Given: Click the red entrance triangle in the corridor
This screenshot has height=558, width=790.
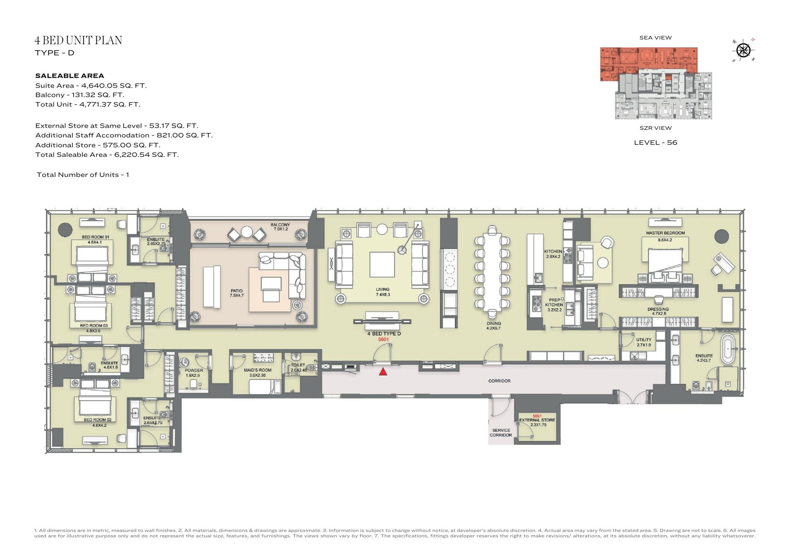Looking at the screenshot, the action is pyautogui.click(x=383, y=372).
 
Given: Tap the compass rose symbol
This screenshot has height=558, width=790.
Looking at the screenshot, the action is pyautogui.click(x=743, y=50).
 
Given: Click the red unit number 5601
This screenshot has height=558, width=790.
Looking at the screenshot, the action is pyautogui.click(x=383, y=339).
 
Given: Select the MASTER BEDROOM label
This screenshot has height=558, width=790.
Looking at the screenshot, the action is pyautogui.click(x=665, y=233).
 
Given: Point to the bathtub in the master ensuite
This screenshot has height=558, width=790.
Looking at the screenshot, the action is pyautogui.click(x=728, y=349).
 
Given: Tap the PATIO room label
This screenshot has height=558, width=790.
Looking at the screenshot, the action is pyautogui.click(x=237, y=291).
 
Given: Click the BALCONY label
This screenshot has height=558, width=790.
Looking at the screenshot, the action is pyautogui.click(x=280, y=225).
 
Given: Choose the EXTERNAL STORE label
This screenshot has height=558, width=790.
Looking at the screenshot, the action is pyautogui.click(x=537, y=420).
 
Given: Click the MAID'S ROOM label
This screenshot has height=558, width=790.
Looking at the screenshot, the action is pyautogui.click(x=258, y=370).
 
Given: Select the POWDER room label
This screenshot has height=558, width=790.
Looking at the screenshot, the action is pyautogui.click(x=194, y=370).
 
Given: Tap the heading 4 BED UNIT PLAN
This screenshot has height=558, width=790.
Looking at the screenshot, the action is pyautogui.click(x=78, y=40).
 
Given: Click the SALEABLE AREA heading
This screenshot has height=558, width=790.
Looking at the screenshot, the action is pyautogui.click(x=70, y=76).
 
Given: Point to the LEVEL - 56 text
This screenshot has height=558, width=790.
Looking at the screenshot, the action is pyautogui.click(x=656, y=143).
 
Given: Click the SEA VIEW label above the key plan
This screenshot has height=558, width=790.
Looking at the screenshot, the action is pyautogui.click(x=656, y=38).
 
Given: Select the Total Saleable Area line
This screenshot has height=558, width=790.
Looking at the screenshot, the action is pyautogui.click(x=107, y=155).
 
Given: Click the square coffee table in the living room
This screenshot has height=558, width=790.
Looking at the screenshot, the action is pyautogui.click(x=382, y=265).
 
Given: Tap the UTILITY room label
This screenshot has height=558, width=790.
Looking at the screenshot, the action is pyautogui.click(x=644, y=340).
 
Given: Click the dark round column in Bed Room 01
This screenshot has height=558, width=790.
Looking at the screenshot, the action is pyautogui.click(x=65, y=229).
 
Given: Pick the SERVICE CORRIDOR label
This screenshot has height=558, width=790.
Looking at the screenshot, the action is pyautogui.click(x=501, y=433).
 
